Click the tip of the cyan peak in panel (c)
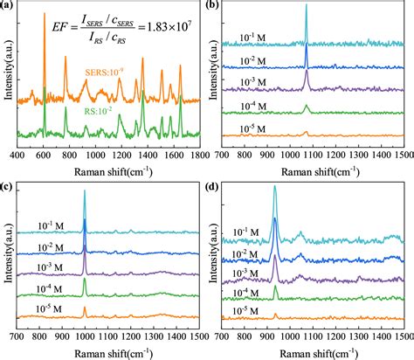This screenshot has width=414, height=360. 85,190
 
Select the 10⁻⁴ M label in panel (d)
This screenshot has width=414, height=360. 236,291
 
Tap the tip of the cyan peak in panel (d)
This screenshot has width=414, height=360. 275,186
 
